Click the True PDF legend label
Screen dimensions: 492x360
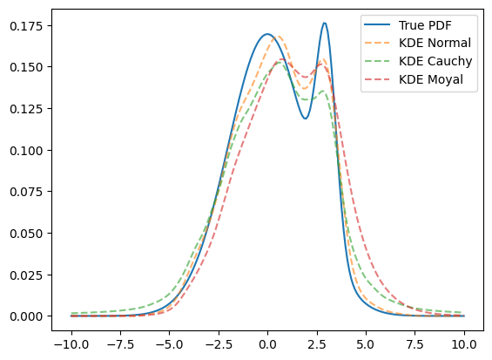[x=425, y=25]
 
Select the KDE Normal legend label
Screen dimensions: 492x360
[x=435, y=43]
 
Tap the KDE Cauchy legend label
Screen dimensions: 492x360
[x=435, y=61]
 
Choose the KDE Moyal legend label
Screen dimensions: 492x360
[x=430, y=79]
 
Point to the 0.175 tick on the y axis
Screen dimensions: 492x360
[x=26, y=26]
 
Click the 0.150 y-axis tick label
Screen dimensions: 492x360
[x=26, y=67]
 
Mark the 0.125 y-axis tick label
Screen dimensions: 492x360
[x=26, y=109]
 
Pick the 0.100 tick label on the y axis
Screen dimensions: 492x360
[x=26, y=151]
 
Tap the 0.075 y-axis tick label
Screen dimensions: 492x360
[x=26, y=192]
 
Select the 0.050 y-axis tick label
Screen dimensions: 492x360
[x=26, y=234]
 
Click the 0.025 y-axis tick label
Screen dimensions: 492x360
[x=26, y=275]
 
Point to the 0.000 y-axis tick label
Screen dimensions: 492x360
[x=26, y=316]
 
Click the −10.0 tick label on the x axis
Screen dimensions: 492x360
[x=71, y=344]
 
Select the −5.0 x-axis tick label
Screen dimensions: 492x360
[x=170, y=344]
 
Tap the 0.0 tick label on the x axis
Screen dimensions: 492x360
[x=267, y=344]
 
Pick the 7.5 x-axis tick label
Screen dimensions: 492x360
[x=415, y=344]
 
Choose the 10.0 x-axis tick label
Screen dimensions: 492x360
[x=464, y=344]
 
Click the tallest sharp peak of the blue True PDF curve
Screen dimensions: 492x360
[x=325, y=23]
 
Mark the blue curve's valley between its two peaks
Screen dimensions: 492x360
[x=305, y=119]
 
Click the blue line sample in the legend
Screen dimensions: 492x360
[x=377, y=25]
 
